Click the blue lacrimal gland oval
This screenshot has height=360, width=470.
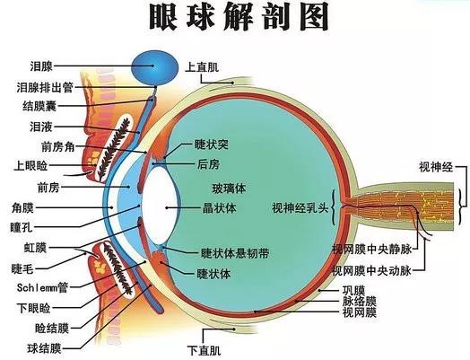pos(154,68)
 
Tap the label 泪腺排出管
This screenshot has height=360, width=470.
pos(45,88)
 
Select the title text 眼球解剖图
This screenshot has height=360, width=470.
pos(239,16)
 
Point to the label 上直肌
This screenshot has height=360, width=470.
pos(202,66)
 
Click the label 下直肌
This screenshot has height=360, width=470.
pos(205,350)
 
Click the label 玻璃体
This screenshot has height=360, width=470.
pos(229,189)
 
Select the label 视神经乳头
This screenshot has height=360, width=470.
pos(300,208)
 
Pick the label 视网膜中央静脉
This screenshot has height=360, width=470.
pos(371,250)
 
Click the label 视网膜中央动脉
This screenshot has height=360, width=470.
pos(371,271)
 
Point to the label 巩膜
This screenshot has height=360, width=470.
pos(353,290)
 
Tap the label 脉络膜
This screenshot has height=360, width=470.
pos(360,301)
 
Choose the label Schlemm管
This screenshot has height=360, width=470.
pos(42,287)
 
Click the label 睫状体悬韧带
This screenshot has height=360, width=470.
pos(235,254)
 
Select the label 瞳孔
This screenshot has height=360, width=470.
pos(22,227)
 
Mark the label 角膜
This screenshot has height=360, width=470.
pos(22,207)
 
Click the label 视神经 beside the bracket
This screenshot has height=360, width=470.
pos(436,166)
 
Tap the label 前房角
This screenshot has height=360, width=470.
pos(57,146)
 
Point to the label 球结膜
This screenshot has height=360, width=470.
pos(44,348)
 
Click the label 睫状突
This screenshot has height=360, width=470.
pos(212,145)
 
